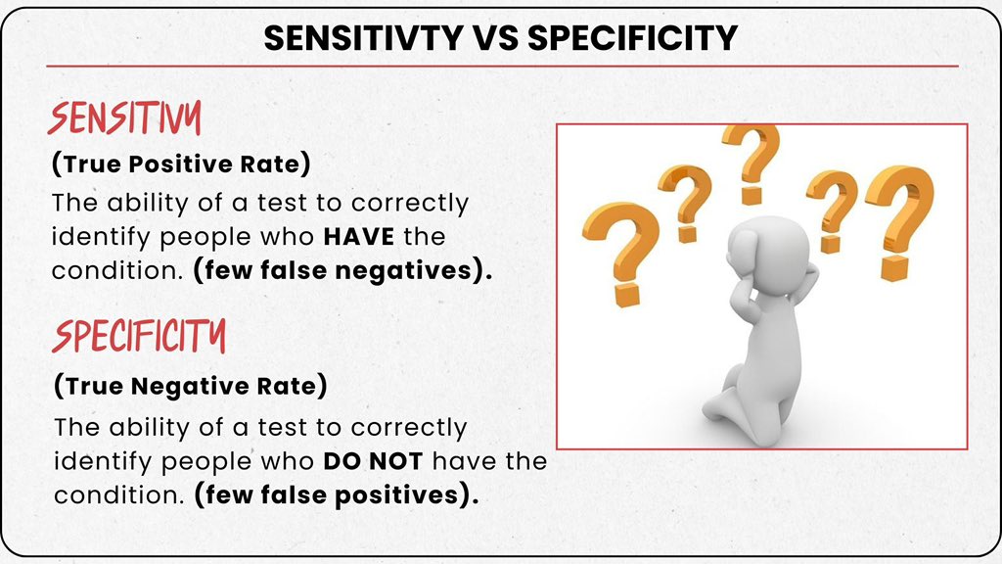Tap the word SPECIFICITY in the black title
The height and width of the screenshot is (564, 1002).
(631, 37)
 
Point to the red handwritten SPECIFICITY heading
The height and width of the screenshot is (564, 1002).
(139, 337)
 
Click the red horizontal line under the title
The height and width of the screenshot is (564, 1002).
(501, 66)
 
